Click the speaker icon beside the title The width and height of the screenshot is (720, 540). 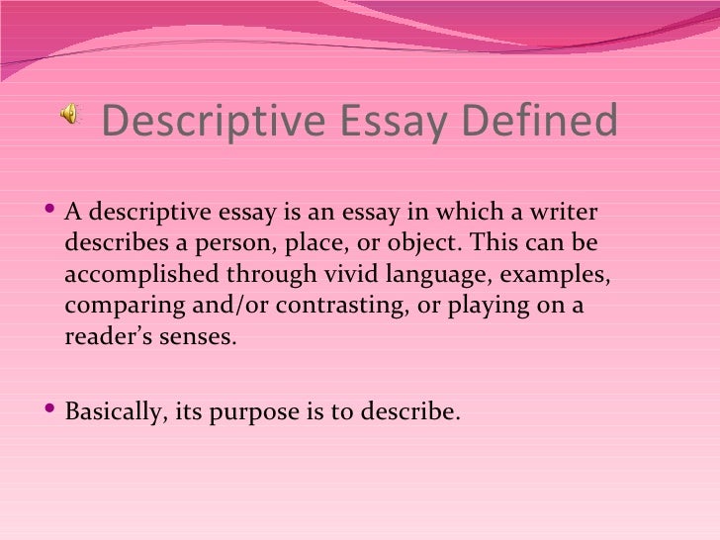coord(70,117)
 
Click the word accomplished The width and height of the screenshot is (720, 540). coord(136,274)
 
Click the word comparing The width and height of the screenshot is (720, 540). coord(116,306)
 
